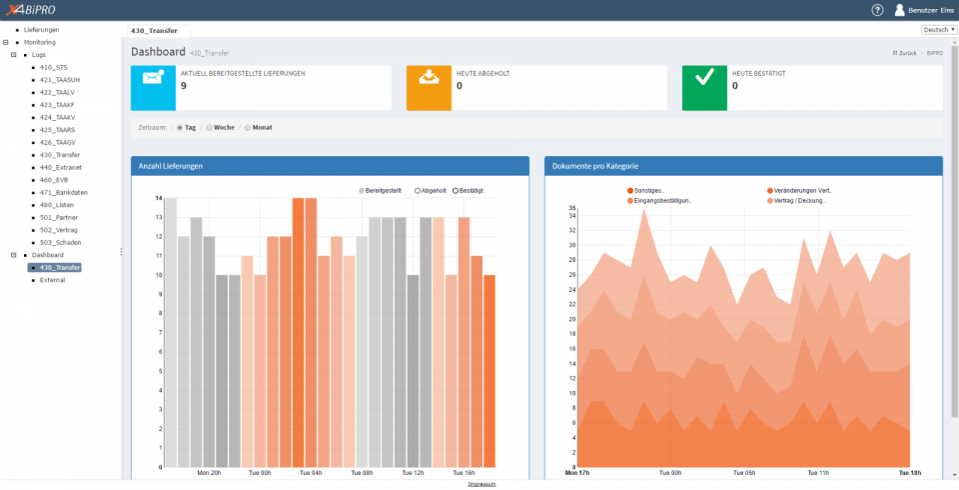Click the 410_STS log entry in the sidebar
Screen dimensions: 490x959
[54, 67]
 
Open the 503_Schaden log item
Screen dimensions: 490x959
[60, 242]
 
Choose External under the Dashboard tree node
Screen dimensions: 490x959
[52, 280]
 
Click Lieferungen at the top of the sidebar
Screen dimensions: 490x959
[41, 30]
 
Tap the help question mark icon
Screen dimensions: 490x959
[877, 10]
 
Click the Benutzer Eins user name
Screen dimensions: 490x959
[930, 10]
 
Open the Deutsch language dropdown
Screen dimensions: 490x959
[938, 30]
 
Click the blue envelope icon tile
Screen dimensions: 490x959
[153, 87]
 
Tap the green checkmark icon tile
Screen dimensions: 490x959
[704, 87]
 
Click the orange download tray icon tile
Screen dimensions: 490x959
[429, 87]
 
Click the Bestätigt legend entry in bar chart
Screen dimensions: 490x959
[469, 190]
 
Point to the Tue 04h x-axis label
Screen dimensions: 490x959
[311, 473]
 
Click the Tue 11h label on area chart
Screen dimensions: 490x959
[817, 473]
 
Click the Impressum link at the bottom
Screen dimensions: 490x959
[479, 484]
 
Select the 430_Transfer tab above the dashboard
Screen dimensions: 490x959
[159, 32]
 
